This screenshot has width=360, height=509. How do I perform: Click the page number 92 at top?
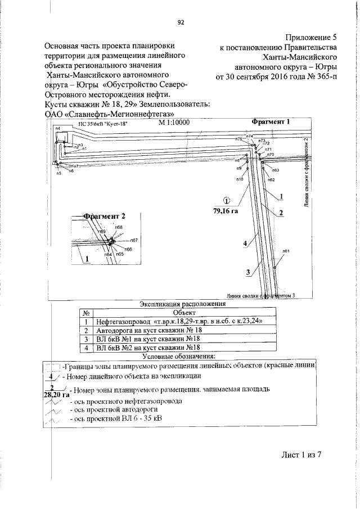181,23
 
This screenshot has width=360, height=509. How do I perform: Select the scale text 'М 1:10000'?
174,122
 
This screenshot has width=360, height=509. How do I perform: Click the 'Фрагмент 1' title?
271,122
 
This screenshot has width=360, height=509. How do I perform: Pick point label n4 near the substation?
58,129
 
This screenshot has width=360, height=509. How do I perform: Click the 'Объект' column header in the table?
184,312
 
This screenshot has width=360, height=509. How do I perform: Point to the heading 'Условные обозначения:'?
179,357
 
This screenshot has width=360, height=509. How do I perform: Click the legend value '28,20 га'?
56,395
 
